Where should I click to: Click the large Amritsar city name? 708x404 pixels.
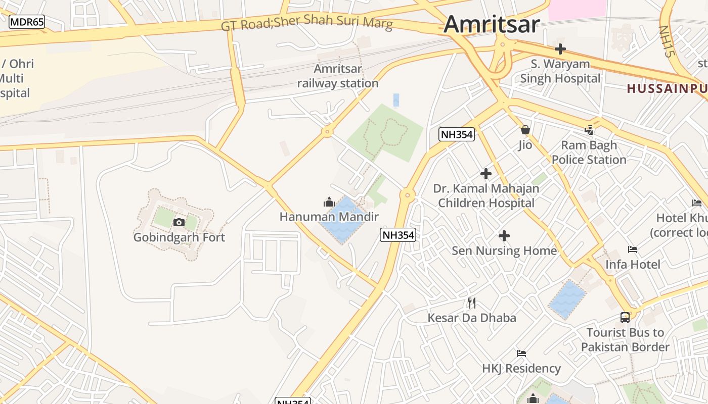coord(492,24)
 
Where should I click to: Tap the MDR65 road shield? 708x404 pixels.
coord(27,22)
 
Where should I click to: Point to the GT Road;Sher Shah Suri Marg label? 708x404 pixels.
coord(306,23)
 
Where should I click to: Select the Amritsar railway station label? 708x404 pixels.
coord(338,76)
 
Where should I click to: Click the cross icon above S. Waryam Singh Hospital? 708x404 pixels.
coord(560,49)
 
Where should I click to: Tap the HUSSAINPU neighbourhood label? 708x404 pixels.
coord(667,89)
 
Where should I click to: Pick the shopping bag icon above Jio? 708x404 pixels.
coord(525,130)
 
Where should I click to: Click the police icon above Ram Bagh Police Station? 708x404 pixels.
coord(589,130)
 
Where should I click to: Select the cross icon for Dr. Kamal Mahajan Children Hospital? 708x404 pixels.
coord(486,174)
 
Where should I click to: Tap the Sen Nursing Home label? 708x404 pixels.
coord(504,250)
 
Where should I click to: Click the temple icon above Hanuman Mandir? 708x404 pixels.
coord(329,203)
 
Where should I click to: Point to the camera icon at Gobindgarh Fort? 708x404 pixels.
coord(179,222)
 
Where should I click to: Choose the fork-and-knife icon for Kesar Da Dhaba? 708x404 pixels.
coord(472,303)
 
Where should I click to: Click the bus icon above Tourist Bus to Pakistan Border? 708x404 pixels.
coord(625,318)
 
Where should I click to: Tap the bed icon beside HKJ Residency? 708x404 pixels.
coord(521,353)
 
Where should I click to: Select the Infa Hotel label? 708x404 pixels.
coord(633,264)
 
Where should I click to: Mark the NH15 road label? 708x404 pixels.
coord(667,41)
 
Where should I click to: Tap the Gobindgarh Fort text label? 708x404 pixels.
coord(179,237)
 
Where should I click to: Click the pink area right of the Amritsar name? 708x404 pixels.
coord(577,9)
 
